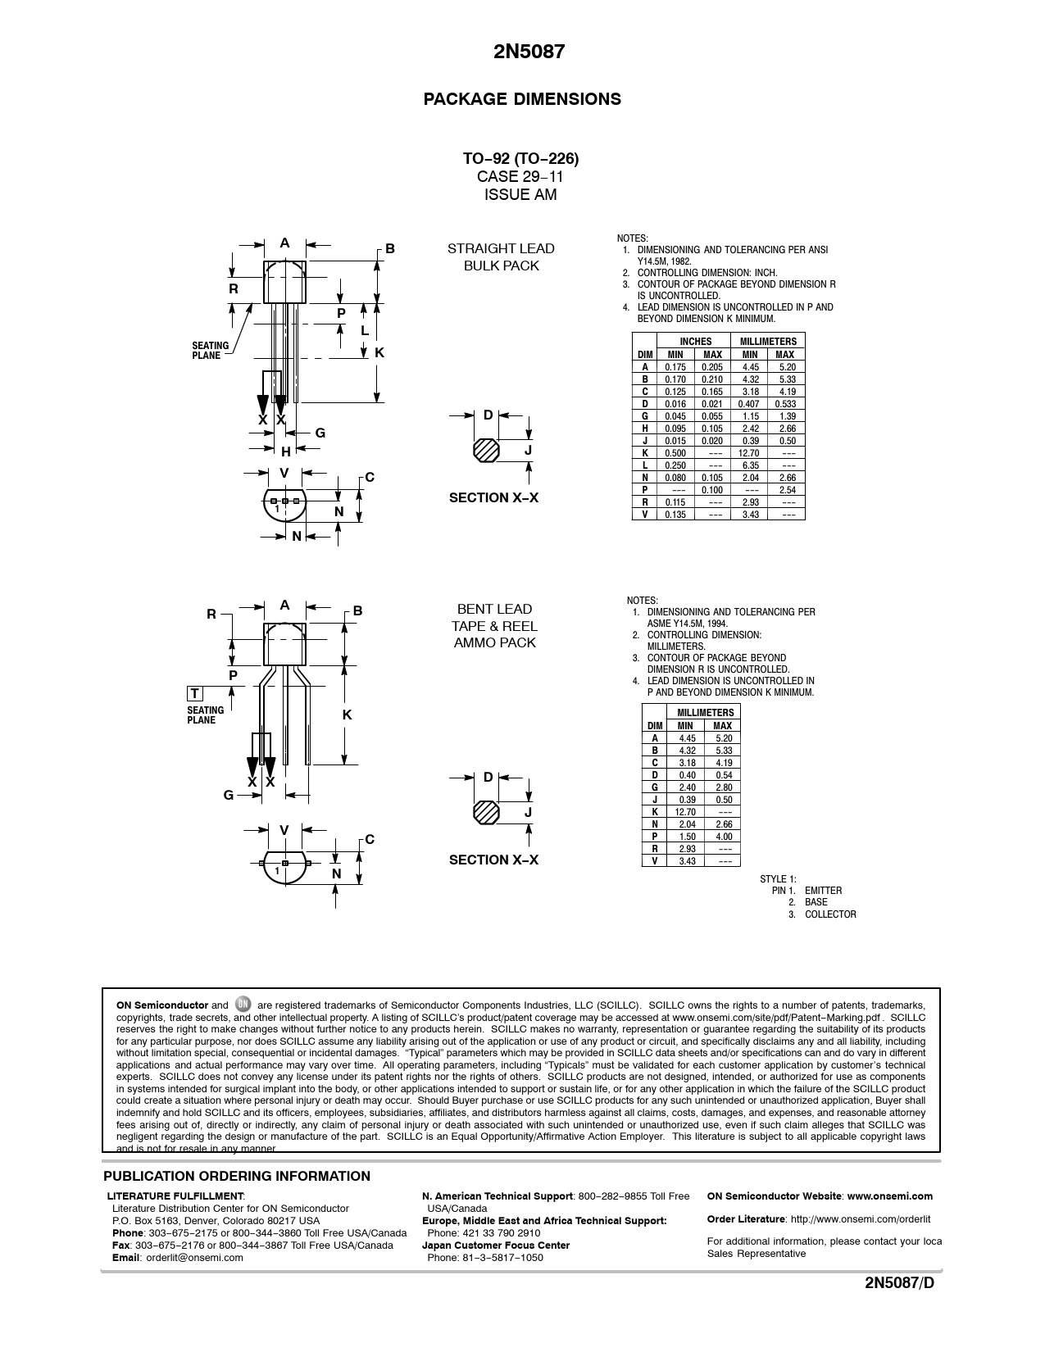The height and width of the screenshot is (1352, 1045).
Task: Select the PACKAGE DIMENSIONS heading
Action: (522, 99)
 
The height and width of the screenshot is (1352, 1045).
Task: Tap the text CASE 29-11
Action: (520, 176)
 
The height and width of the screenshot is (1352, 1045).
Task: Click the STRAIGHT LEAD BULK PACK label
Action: (501, 256)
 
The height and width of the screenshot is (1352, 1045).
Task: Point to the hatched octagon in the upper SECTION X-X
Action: (486, 450)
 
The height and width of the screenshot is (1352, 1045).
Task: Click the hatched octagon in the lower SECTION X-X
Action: (487, 812)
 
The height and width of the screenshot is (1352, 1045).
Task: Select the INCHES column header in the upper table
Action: (695, 341)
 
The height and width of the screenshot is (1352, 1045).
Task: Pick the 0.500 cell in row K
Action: (675, 453)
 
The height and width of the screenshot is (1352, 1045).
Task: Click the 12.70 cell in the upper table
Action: (749, 453)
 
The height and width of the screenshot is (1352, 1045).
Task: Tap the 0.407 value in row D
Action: (749, 404)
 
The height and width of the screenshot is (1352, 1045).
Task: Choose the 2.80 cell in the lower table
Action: (723, 787)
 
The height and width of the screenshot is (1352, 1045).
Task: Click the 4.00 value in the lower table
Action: (723, 837)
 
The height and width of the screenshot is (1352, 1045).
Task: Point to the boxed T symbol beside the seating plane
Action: (195, 694)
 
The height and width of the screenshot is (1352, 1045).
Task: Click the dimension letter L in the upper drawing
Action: (365, 330)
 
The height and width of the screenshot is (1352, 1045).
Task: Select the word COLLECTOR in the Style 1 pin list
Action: (830, 914)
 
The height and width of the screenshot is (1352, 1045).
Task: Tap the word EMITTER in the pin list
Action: (823, 891)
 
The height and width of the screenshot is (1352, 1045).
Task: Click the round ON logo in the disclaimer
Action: (243, 1004)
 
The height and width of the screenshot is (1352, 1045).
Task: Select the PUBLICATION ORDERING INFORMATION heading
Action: (237, 1177)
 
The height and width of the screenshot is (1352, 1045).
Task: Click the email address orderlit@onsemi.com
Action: (194, 1258)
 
